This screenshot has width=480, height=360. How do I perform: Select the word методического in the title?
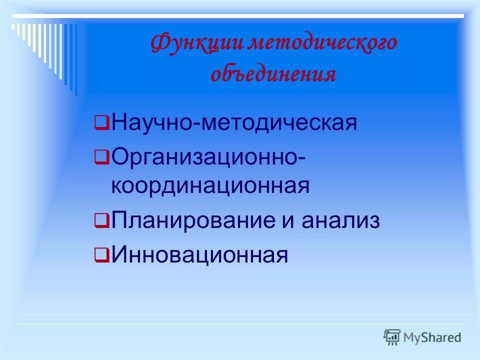323,43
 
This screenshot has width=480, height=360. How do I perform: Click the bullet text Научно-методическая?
234,122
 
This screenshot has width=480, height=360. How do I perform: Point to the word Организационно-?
209,157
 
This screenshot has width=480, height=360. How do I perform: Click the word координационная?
210,186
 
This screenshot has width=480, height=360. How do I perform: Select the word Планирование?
192,220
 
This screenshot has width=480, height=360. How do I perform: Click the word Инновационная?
200,255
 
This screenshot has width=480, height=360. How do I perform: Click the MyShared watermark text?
432,337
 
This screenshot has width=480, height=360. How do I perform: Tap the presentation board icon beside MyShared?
392,337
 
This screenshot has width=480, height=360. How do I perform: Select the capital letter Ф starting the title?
158,43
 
